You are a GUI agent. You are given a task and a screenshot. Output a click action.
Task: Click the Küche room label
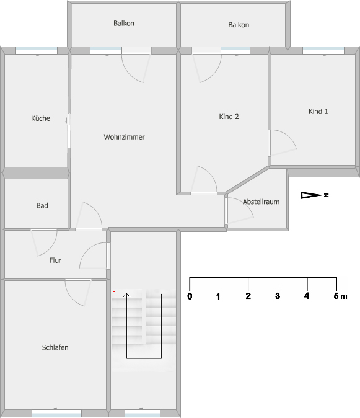(x=40, y=118)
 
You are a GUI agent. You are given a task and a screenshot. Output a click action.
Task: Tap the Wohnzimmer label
(x=124, y=137)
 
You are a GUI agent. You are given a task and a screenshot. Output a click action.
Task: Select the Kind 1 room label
(x=318, y=112)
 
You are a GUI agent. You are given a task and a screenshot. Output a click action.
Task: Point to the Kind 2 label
(x=229, y=117)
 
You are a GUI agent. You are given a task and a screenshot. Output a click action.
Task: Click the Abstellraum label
(x=261, y=202)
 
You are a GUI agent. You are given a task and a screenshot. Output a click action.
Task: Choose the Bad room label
(x=42, y=205)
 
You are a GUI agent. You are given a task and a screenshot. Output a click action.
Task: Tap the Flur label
(x=55, y=260)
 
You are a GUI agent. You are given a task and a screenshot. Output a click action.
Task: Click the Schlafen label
(x=55, y=347)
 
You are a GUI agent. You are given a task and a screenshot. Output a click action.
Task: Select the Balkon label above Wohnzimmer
(x=124, y=23)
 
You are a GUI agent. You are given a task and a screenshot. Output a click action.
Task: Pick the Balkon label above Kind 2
(x=239, y=25)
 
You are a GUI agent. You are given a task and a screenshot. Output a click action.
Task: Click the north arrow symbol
(x=315, y=195)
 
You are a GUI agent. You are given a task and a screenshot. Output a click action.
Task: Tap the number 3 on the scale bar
(x=278, y=296)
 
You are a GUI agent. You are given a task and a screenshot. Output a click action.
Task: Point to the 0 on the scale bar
(x=190, y=296)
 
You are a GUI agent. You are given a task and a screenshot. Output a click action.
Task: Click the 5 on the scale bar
(x=336, y=296)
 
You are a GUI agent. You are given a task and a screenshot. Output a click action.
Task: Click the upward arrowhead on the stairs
(x=127, y=295)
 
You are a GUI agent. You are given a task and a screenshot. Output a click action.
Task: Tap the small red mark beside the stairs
(x=114, y=291)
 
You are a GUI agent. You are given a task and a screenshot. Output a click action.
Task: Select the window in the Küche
(x=37, y=51)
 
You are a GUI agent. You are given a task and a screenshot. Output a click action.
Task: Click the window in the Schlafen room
(x=57, y=413)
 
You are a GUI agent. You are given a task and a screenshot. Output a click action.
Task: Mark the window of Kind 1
(x=323, y=51)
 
